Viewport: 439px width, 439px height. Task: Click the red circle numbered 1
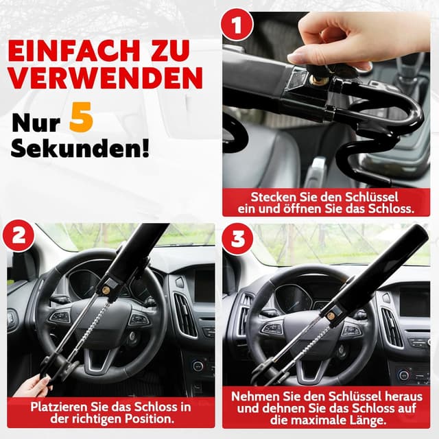point(237,25)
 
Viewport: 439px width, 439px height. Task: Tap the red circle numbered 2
point(19,236)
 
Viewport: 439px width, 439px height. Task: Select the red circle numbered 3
point(238,239)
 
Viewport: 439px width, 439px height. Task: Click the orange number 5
point(81,117)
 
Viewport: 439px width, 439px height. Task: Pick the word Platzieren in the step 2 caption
point(59,407)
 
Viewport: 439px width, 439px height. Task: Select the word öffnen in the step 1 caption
point(300,209)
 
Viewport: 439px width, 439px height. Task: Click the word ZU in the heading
point(170,51)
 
